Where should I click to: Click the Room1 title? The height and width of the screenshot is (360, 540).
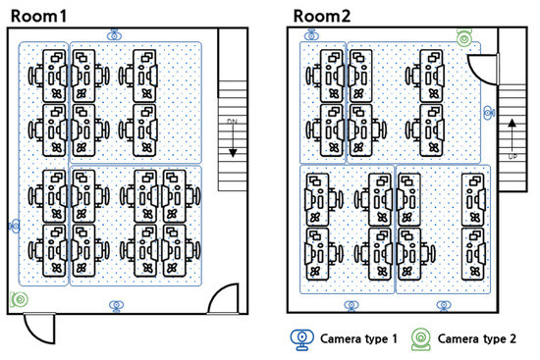coord(38,16)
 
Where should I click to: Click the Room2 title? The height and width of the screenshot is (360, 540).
coord(322,16)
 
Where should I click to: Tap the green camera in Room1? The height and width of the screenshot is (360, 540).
coord(20,299)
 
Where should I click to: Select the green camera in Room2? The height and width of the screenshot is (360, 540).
coord(464,38)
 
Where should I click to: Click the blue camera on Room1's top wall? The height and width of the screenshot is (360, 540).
coord(114,35)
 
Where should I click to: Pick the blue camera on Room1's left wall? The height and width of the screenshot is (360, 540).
coord(15,226)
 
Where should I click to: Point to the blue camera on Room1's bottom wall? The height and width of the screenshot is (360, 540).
coord(117,306)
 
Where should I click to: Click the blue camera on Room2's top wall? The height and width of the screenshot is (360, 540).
coord(311,35)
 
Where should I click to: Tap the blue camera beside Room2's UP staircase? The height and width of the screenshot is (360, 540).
coord(489,113)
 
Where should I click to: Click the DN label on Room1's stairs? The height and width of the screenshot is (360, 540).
coord(233,122)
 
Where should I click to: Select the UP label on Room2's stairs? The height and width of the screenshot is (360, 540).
coord(513,157)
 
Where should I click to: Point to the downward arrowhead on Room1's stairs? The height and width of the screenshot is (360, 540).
coord(233,153)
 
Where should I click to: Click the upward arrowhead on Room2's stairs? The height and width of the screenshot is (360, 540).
coord(513,123)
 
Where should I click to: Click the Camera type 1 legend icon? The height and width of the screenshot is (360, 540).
coord(302,339)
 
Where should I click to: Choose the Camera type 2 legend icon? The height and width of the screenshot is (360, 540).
coord(421,339)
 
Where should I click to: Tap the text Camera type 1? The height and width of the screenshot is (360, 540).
coord(358,339)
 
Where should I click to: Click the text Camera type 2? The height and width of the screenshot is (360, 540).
coord(476,339)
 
